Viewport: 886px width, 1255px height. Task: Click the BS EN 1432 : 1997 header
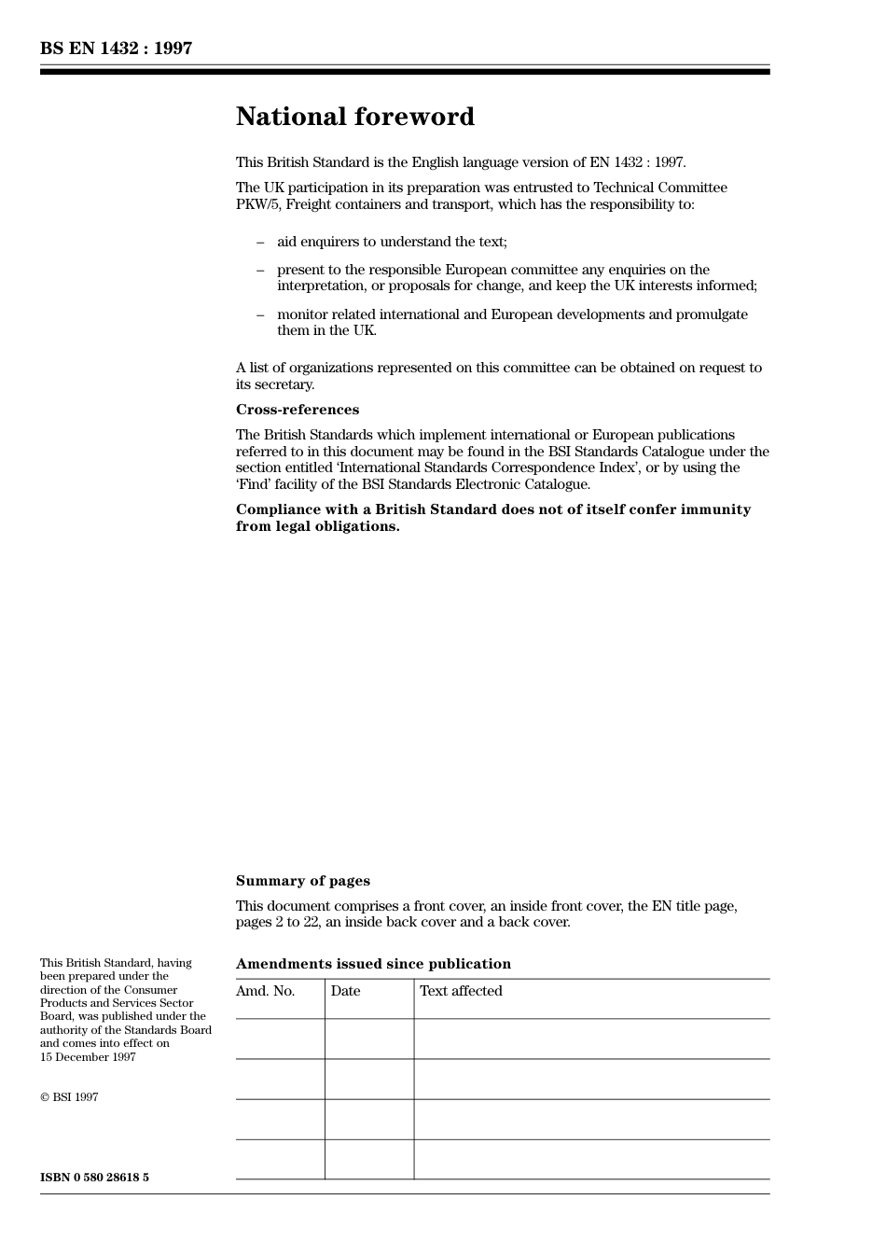[116, 49]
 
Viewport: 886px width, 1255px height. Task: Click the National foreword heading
[354, 117]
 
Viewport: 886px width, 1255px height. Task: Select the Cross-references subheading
[297, 410]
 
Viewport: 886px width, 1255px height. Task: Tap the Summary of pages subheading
[302, 881]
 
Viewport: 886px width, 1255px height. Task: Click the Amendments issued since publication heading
[373, 964]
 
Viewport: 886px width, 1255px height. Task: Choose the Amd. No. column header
[265, 991]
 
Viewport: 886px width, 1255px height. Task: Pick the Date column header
[345, 991]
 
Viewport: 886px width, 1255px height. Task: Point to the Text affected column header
[461, 991]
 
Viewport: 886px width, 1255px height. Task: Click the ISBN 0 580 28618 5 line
[94, 1178]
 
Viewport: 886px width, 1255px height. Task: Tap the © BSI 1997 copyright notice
[69, 1097]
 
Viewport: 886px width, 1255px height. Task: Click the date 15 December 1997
[88, 1057]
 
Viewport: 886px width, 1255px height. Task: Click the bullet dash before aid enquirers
[260, 242]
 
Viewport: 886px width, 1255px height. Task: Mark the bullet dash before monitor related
[260, 314]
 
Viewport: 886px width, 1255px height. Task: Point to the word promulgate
[713, 314]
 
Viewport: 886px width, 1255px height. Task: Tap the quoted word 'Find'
[256, 484]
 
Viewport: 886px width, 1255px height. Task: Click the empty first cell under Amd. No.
[280, 1039]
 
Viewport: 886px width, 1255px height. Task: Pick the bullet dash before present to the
[260, 270]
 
